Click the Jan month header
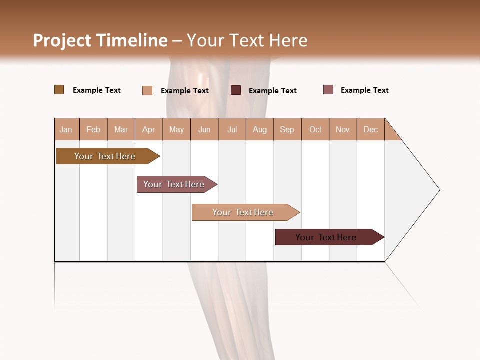pyautogui.click(x=66, y=129)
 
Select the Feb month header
pyautogui.click(x=93, y=129)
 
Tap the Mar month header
pyautogui.click(x=121, y=129)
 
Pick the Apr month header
pyautogui.click(x=149, y=129)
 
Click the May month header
pyautogui.click(x=176, y=129)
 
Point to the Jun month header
pyautogui.click(x=204, y=129)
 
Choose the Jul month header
pyautogui.click(x=232, y=129)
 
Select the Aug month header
pyautogui.click(x=260, y=129)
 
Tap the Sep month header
pyautogui.click(x=287, y=129)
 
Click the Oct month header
pyautogui.click(x=315, y=129)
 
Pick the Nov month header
pyautogui.click(x=343, y=129)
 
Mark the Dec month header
pyautogui.click(x=371, y=129)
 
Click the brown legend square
pyautogui.click(x=59, y=90)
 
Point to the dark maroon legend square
pyautogui.click(x=236, y=90)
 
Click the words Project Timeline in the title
pyautogui.click(x=100, y=40)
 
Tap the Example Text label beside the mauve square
pyautogui.click(x=364, y=90)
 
